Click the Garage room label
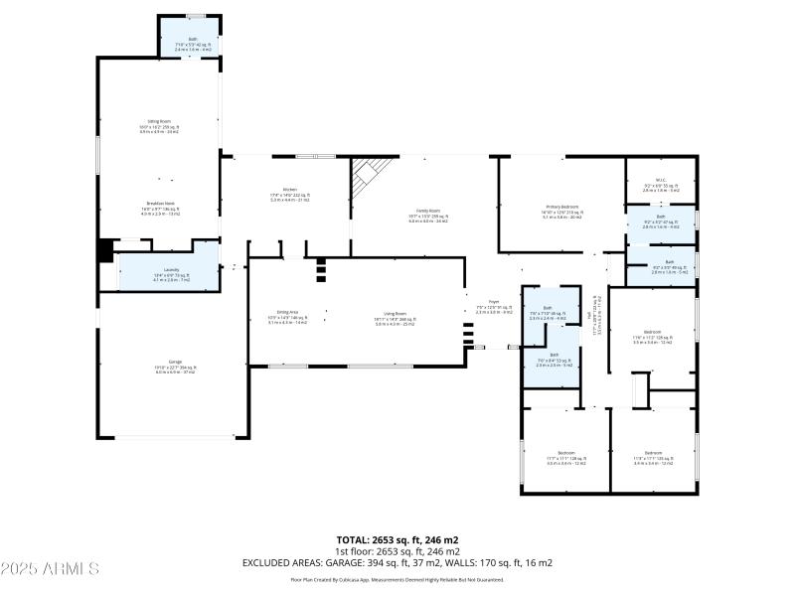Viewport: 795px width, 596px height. tap(175, 363)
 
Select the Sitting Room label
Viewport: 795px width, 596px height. tap(159, 123)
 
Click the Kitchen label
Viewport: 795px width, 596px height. tap(290, 189)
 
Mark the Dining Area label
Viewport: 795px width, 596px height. tap(288, 312)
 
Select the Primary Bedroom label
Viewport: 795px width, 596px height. tap(560, 207)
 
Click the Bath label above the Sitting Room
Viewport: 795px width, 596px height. tap(193, 40)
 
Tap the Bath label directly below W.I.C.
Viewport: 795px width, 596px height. tap(661, 216)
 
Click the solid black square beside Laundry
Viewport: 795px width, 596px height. tap(105, 251)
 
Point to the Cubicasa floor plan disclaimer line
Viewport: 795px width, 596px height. tap(397, 579)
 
